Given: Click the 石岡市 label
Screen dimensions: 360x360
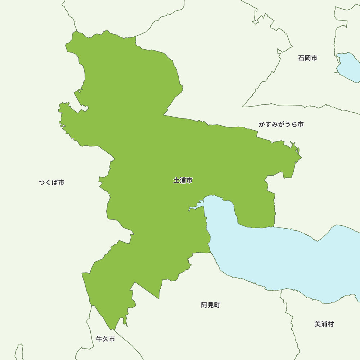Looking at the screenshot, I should tap(307, 58).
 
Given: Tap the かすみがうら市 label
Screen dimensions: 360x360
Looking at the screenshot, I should tap(281, 124).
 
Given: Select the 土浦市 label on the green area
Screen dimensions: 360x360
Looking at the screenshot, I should tap(183, 180).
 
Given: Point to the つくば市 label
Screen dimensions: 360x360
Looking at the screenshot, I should tap(51, 183).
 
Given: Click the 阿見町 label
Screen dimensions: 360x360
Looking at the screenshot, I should tap(210, 305).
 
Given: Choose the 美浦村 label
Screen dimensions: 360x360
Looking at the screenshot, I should tap(324, 324).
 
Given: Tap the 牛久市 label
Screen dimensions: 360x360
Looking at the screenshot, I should tap(105, 339).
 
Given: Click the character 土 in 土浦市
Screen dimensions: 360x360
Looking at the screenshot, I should tap(176, 180).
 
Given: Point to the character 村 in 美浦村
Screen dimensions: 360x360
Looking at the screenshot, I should tap(330, 324).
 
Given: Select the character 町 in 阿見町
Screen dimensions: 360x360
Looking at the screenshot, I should tap(217, 305).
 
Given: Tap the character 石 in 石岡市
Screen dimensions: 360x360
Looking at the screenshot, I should tap(301, 58).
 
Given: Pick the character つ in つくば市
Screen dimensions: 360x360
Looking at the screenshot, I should tap(42, 183).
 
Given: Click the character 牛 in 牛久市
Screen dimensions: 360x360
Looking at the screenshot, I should tap(99, 339).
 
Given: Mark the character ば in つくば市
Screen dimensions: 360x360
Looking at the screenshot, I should tap(55, 183).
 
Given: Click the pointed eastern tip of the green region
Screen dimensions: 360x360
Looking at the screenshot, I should tap(301, 157).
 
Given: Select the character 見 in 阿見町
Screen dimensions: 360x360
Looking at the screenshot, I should tap(210, 305).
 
